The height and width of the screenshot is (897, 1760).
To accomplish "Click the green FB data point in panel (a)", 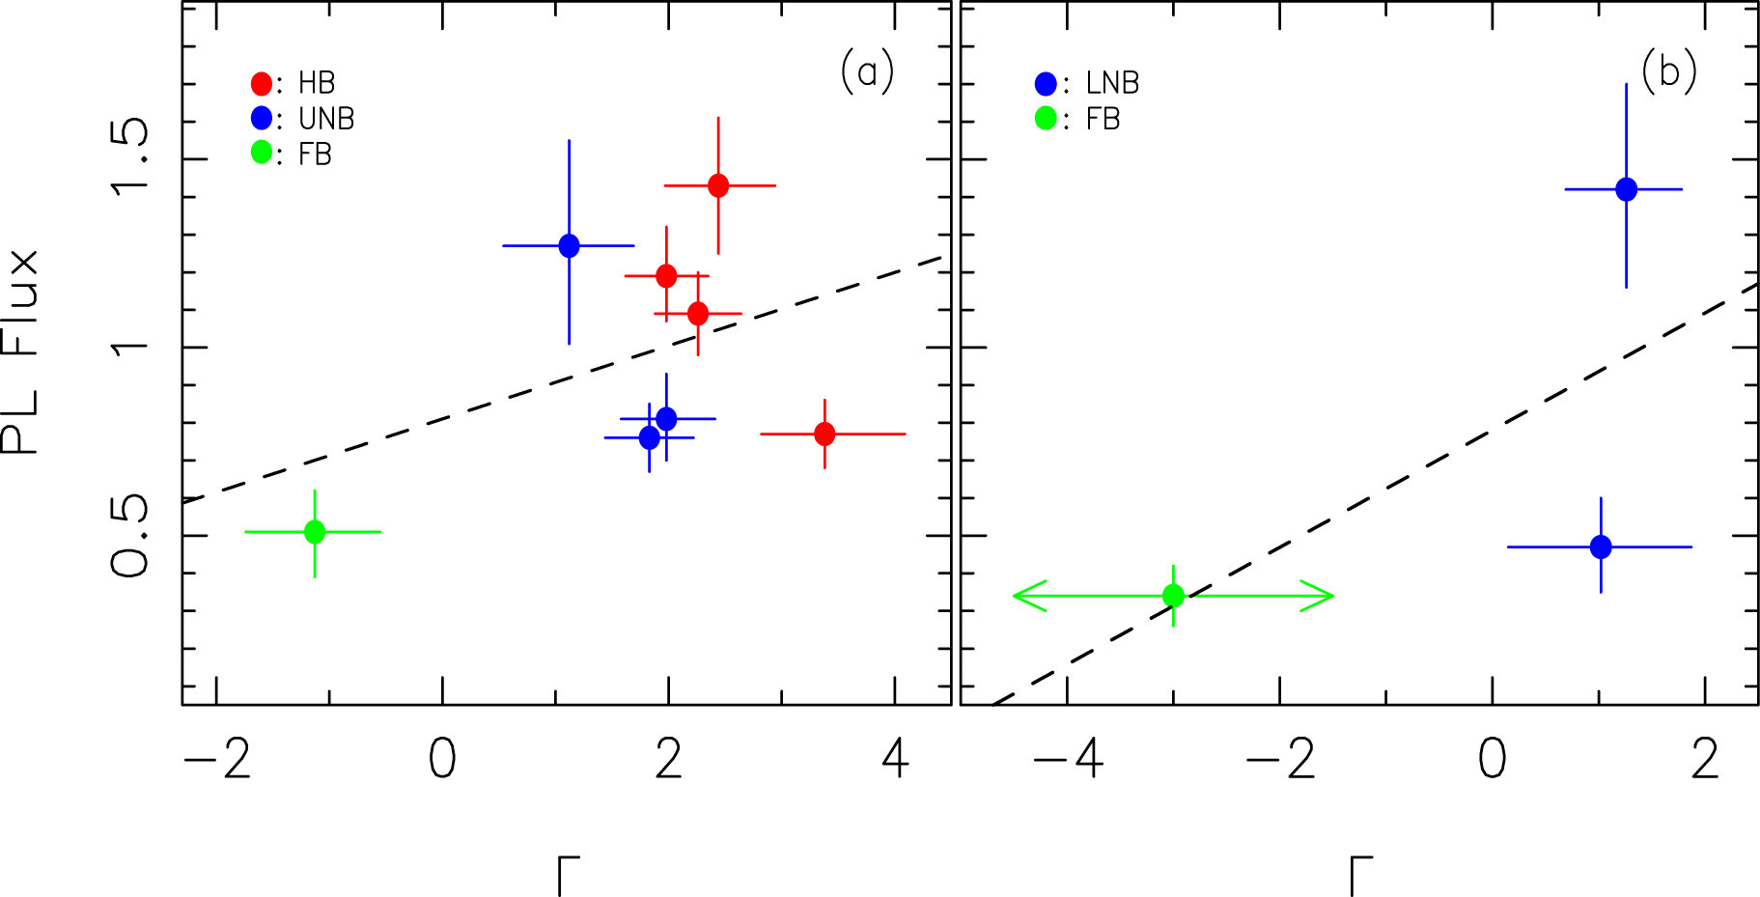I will (x=315, y=531).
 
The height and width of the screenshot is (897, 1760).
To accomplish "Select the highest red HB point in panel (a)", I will (x=718, y=185).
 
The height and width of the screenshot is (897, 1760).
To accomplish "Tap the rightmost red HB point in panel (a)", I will (x=824, y=434).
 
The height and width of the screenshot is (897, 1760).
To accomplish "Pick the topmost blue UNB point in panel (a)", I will (x=569, y=245).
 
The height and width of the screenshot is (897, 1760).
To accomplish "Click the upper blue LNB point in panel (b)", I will (x=1627, y=188).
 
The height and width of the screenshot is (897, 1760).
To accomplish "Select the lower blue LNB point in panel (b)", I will (x=1601, y=547).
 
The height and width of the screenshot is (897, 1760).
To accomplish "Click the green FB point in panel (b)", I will (x=1173, y=595).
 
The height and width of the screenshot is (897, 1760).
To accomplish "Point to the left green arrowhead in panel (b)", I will (x=1023, y=595).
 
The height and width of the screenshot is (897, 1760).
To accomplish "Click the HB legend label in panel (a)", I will (x=316, y=83).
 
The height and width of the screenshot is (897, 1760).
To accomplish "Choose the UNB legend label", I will (x=326, y=119).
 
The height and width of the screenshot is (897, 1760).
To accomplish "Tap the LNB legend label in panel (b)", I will (x=1112, y=83).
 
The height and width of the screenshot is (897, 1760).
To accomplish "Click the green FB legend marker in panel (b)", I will (x=1046, y=119).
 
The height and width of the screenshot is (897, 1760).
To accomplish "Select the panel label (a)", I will (x=867, y=71).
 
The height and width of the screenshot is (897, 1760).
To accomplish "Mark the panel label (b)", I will (x=1668, y=71).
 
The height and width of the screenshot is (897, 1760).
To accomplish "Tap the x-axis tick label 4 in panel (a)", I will (x=896, y=759).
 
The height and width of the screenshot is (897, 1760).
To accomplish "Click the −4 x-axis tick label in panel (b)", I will (x=1068, y=759).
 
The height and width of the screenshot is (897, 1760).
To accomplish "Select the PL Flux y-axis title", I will (x=21, y=351).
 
